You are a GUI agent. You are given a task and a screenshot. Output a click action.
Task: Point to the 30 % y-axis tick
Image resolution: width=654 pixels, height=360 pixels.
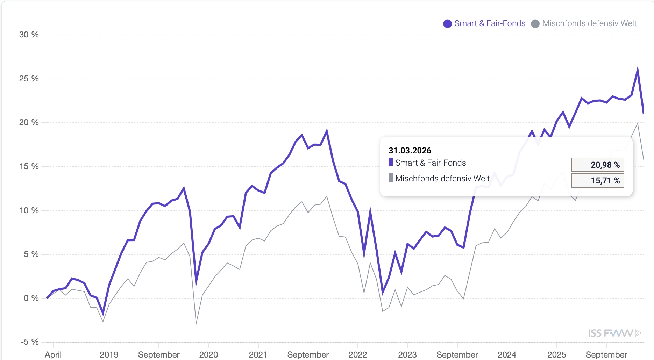pyautogui.click(x=29, y=35)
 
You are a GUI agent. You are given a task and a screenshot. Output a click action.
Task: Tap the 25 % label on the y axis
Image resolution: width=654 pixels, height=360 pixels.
pyautogui.click(x=29, y=79)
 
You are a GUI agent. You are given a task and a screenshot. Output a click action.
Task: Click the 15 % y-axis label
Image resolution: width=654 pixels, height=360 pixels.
pyautogui.click(x=29, y=166)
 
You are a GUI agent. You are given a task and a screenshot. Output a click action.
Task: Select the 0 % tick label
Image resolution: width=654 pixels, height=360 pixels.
pyautogui.click(x=31, y=298)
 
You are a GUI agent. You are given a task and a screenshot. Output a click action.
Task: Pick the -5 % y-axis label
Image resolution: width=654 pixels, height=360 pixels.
pyautogui.click(x=30, y=342)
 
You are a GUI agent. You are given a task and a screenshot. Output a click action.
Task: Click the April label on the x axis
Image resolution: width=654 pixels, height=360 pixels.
pyautogui.click(x=53, y=354)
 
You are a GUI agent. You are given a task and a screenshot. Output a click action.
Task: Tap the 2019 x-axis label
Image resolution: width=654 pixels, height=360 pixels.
pyautogui.click(x=109, y=354)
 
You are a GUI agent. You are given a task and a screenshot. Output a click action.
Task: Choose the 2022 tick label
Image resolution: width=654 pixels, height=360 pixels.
pyautogui.click(x=357, y=354)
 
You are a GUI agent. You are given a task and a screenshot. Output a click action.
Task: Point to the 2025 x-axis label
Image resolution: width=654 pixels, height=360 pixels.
pyautogui.click(x=556, y=354)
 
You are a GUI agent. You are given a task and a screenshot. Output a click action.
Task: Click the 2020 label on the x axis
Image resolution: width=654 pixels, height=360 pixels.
pyautogui.click(x=208, y=354)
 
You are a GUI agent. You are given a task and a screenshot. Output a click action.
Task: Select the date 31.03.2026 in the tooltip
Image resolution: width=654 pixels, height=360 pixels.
pyautogui.click(x=410, y=151)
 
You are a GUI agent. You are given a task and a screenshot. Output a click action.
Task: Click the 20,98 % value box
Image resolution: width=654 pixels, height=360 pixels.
pyautogui.click(x=598, y=165)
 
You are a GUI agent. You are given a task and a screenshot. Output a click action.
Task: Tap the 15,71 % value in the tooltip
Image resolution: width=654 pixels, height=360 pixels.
pyautogui.click(x=598, y=181)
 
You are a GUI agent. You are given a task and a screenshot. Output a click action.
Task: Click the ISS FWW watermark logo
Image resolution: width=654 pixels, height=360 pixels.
pyautogui.click(x=614, y=333)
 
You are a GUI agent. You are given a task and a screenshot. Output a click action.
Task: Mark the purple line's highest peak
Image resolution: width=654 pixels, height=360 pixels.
pyautogui.click(x=638, y=69)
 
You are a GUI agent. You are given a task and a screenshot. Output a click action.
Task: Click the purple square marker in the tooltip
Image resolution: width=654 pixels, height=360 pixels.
pyautogui.click(x=391, y=162)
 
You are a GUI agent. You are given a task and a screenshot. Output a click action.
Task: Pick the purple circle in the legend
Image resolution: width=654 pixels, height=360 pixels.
pyautogui.click(x=447, y=24)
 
